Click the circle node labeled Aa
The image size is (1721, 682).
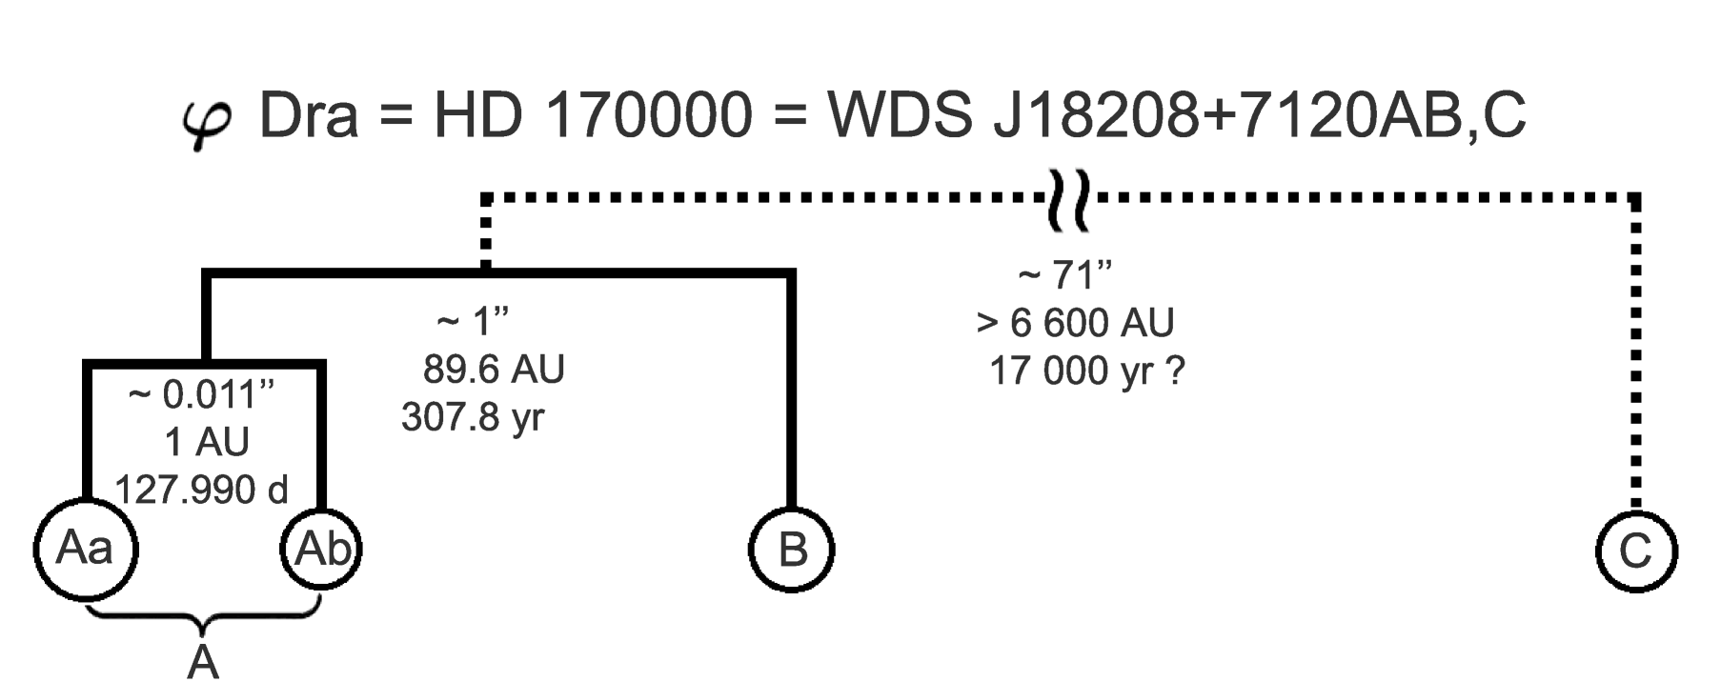85,550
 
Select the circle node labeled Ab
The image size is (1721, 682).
322,550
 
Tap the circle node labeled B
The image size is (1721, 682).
791,550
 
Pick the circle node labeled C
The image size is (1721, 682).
1635,551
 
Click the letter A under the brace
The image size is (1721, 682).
203,660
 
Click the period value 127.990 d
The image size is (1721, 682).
201,490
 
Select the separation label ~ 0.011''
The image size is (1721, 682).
201,393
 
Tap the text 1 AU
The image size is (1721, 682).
207,442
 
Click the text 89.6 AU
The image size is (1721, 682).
494,370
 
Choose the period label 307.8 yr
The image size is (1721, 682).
473,417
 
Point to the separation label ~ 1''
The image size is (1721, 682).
473,322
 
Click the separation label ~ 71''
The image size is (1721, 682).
1065,276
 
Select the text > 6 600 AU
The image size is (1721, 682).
1075,324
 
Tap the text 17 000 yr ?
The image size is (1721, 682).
1086,371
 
